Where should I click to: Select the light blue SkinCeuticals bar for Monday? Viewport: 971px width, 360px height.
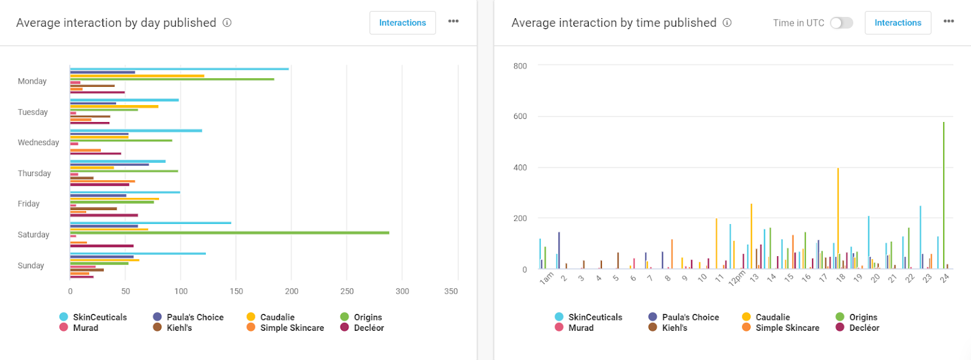(179, 69)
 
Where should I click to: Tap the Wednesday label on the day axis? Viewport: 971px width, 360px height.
(38, 143)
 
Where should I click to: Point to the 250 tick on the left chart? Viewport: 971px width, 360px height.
(347, 291)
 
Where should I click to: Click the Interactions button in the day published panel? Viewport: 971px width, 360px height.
(402, 23)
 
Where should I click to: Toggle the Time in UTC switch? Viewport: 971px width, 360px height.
(841, 23)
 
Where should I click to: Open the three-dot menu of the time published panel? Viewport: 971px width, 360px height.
(949, 21)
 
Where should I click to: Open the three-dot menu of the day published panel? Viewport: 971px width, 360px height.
(453, 21)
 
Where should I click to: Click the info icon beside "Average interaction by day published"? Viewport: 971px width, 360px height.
(227, 23)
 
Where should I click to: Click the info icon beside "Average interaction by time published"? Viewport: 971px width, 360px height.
(727, 23)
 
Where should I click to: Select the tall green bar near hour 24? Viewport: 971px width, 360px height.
(944, 194)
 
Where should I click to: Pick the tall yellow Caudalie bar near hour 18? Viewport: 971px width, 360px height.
(838, 219)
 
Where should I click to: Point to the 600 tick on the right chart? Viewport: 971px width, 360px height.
(520, 117)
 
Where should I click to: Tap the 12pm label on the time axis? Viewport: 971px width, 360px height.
(737, 279)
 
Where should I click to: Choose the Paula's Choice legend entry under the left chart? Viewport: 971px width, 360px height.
(189, 318)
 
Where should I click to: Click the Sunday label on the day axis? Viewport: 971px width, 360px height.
(31, 265)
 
